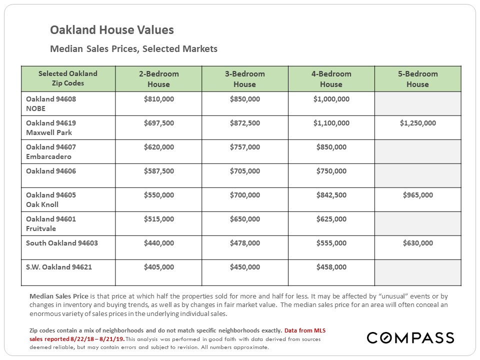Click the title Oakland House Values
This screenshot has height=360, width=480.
pyautogui.click(x=111, y=30)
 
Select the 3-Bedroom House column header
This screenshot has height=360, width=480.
pyautogui.click(x=244, y=79)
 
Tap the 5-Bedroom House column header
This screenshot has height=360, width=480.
pyautogui.click(x=417, y=79)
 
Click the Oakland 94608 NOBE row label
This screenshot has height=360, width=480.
pyautogui.click(x=51, y=104)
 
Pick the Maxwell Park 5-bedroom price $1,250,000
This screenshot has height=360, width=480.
pyautogui.click(x=418, y=123)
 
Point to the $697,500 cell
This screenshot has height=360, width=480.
pyautogui.click(x=159, y=123)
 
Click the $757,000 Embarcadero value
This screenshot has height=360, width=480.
pyautogui.click(x=245, y=147)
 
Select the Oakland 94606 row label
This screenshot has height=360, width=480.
pyautogui.click(x=51, y=171)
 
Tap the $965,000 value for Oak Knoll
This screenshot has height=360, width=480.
pyautogui.click(x=418, y=195)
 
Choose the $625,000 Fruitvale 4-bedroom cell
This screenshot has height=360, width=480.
pyautogui.click(x=331, y=219)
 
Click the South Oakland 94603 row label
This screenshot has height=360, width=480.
pyautogui.click(x=62, y=243)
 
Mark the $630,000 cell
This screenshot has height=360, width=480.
pyautogui.click(x=418, y=243)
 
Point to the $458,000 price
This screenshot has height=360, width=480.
pyautogui.click(x=331, y=267)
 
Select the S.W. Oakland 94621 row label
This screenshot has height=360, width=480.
pyautogui.click(x=59, y=267)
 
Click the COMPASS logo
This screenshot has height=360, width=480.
pyautogui.click(x=410, y=337)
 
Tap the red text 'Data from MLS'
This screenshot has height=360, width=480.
pyautogui.click(x=305, y=330)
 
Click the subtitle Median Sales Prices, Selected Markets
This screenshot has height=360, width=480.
pyautogui.click(x=134, y=48)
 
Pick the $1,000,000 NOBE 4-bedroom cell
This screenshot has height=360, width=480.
pyautogui.click(x=331, y=99)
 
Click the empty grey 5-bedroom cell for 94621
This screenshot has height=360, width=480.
pyautogui.click(x=418, y=273)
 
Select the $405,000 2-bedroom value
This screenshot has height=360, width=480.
pyautogui.click(x=159, y=267)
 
